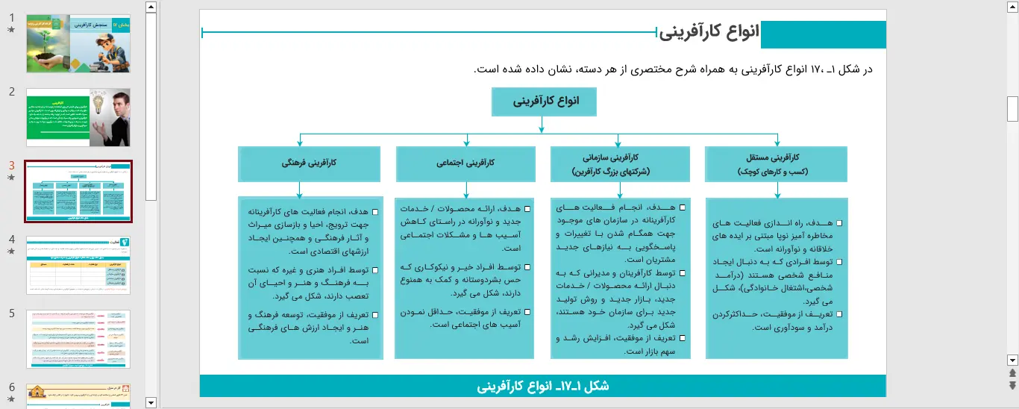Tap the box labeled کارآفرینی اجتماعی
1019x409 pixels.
[x=465, y=163]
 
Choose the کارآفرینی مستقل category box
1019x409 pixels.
[x=777, y=164]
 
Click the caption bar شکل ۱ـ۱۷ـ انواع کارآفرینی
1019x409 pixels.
[x=542, y=386]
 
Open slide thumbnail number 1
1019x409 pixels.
[x=78, y=43]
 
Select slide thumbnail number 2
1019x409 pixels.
[x=78, y=117]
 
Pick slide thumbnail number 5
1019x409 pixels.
[x=78, y=339]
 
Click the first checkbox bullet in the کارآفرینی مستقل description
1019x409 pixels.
[x=839, y=223]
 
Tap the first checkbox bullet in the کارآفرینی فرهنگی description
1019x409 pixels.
[x=374, y=212]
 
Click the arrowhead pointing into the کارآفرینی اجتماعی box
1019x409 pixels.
[x=466, y=143]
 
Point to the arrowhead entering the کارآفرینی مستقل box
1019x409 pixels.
[x=777, y=143]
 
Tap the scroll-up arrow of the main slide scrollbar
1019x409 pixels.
[x=1012, y=7]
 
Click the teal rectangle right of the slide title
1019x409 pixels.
[x=823, y=35]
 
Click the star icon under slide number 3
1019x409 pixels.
[x=10, y=178]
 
